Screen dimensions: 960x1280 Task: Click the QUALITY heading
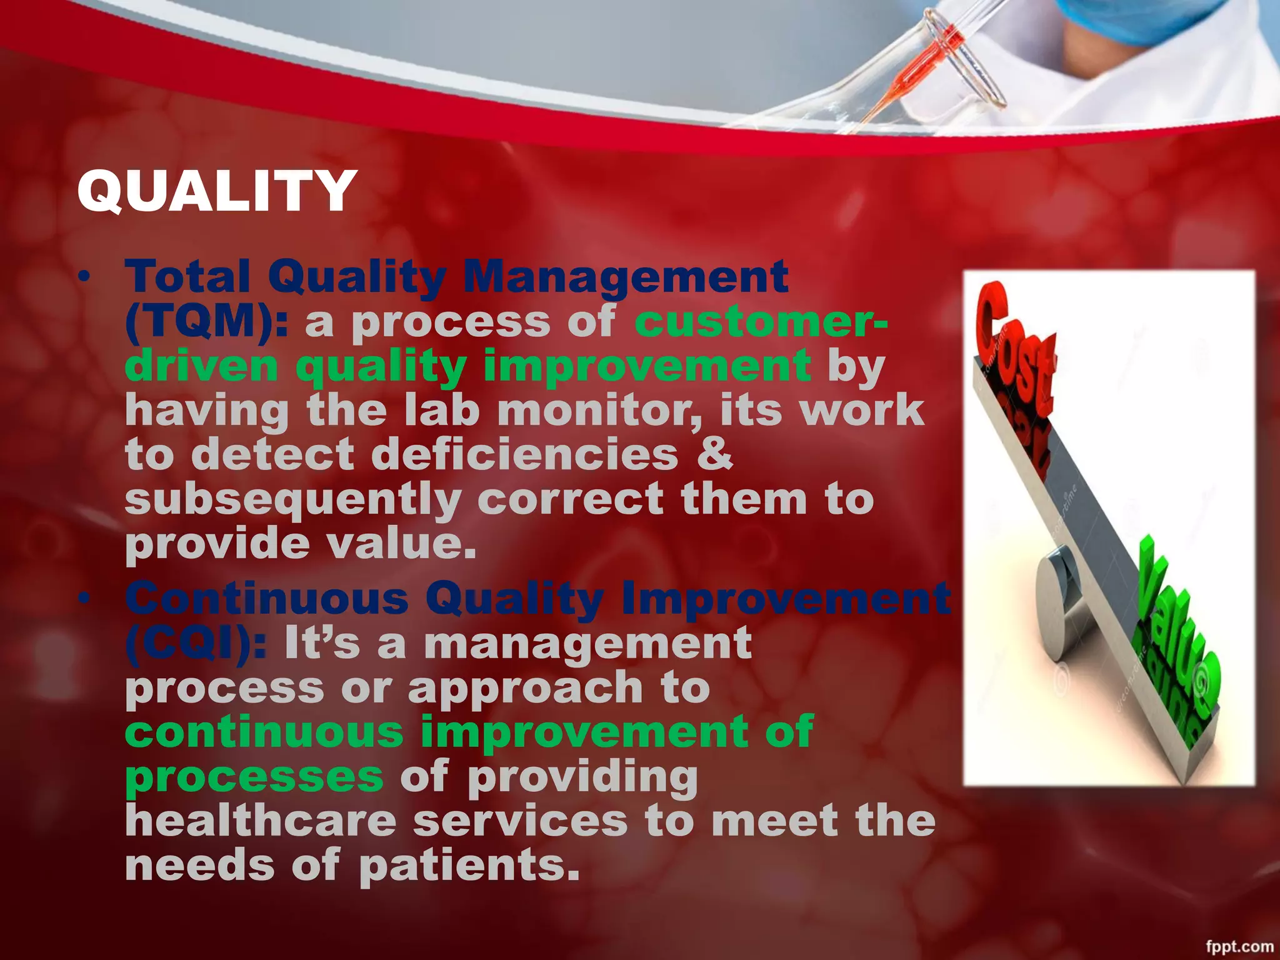coord(216,191)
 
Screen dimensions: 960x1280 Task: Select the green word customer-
coord(760,322)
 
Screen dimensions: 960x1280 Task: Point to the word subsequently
coord(292,500)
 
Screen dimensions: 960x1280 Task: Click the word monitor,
coord(600,411)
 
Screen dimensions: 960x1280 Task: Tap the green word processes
coord(254,777)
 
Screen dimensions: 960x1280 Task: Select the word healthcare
coord(261,821)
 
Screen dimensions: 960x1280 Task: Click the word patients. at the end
coord(469,866)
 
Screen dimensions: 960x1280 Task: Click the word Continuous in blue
coord(267,598)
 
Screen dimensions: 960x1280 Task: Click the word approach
coord(525,688)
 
